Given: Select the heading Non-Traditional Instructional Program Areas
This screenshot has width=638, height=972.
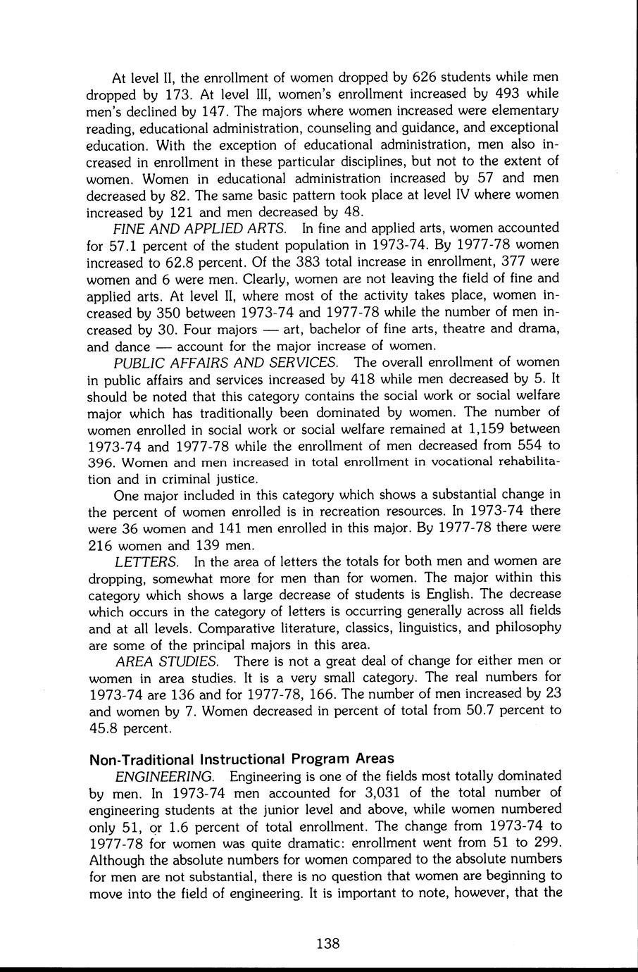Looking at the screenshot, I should [242, 759].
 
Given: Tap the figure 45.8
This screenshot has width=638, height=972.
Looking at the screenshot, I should [106, 728].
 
